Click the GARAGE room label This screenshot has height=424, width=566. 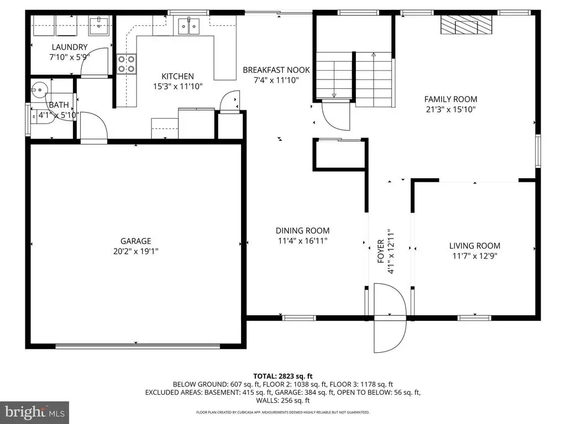[x=136, y=241]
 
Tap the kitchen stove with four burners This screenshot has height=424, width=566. [x=126, y=64]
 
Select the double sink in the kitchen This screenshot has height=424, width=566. [x=189, y=26]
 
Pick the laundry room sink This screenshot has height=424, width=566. [x=99, y=25]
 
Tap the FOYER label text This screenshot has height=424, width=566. [x=380, y=251]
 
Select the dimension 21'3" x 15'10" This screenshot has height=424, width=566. [x=450, y=109]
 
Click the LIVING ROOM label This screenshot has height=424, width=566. [x=475, y=246]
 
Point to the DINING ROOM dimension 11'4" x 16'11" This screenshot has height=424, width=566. [x=302, y=241]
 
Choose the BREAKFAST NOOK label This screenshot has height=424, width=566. [x=276, y=70]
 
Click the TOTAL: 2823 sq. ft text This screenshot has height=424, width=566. [x=282, y=377]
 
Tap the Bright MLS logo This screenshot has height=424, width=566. [x=35, y=412]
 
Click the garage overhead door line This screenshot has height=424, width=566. [x=138, y=346]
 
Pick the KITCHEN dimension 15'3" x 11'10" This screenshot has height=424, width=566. [x=177, y=87]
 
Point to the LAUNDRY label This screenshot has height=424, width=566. [x=70, y=47]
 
